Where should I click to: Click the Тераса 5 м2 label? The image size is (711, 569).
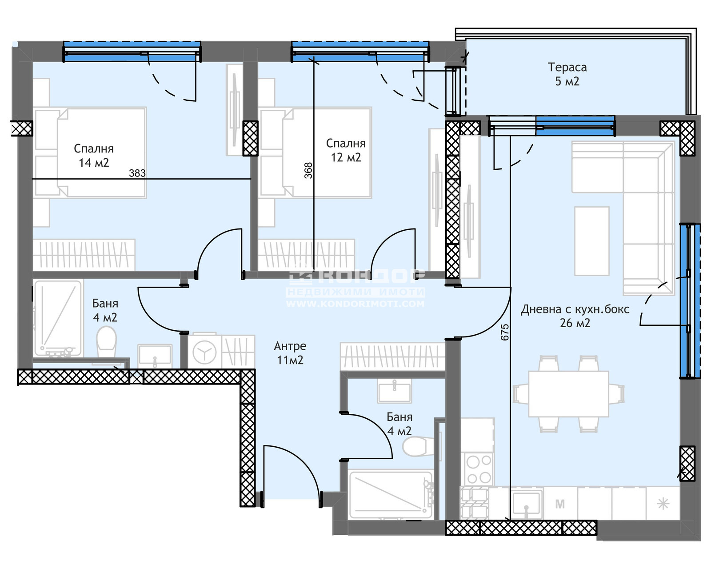pyautogui.click(x=567, y=74)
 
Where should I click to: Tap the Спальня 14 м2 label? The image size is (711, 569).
pyautogui.click(x=94, y=156)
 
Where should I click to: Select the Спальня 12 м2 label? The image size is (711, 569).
pyautogui.click(x=346, y=150)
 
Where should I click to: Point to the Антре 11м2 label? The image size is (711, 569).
pyautogui.click(x=290, y=353)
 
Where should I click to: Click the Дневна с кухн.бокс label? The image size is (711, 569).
pyautogui.click(x=575, y=309)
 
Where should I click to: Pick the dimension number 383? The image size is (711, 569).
pyautogui.click(x=137, y=173)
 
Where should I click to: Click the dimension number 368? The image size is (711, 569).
pyautogui.click(x=308, y=171)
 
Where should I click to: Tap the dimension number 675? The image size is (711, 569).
pyautogui.click(x=505, y=332)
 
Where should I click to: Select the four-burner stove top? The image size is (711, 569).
pyautogui.click(x=478, y=469)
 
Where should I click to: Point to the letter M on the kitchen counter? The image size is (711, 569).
pyautogui.click(x=560, y=504)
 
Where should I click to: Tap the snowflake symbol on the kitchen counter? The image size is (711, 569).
pyautogui.click(x=663, y=504)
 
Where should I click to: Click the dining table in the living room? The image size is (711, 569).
pyautogui.click(x=569, y=394)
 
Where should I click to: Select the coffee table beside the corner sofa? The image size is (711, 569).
pyautogui.click(x=592, y=241)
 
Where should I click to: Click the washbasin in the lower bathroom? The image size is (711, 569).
pyautogui.click(x=395, y=391)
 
